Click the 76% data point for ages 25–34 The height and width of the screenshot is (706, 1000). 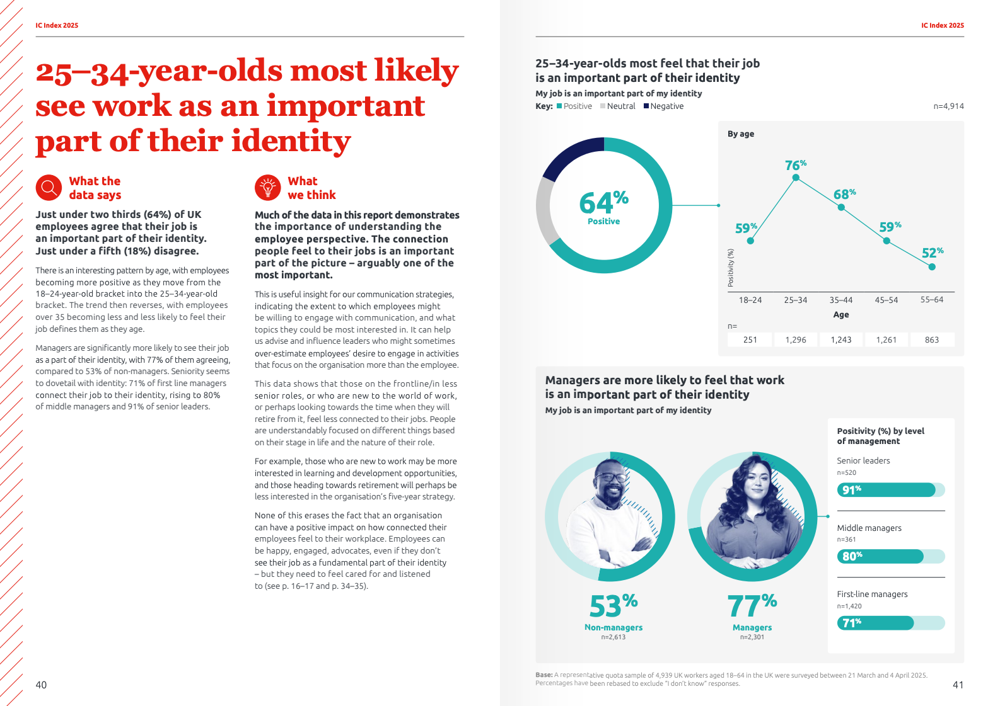[x=796, y=178]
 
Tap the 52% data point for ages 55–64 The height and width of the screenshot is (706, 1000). [x=932, y=267]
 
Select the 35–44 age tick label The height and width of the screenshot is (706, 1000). [x=841, y=300]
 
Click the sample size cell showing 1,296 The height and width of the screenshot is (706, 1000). [x=796, y=340]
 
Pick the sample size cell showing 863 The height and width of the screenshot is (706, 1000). [x=932, y=340]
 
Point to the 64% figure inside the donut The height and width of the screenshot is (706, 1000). [x=603, y=203]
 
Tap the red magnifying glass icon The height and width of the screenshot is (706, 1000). [x=49, y=188]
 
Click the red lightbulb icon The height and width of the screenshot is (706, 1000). [x=267, y=188]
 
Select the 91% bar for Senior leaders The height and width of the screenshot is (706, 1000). [x=886, y=490]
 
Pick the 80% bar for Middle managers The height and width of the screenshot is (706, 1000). [x=880, y=556]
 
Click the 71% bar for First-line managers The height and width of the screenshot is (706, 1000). [x=875, y=623]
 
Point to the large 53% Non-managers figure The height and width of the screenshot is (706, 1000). [x=613, y=606]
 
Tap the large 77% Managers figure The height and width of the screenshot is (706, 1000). [x=752, y=606]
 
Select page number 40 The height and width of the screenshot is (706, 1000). [x=41, y=685]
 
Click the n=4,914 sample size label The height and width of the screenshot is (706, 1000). [x=948, y=106]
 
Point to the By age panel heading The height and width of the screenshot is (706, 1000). [x=741, y=134]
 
